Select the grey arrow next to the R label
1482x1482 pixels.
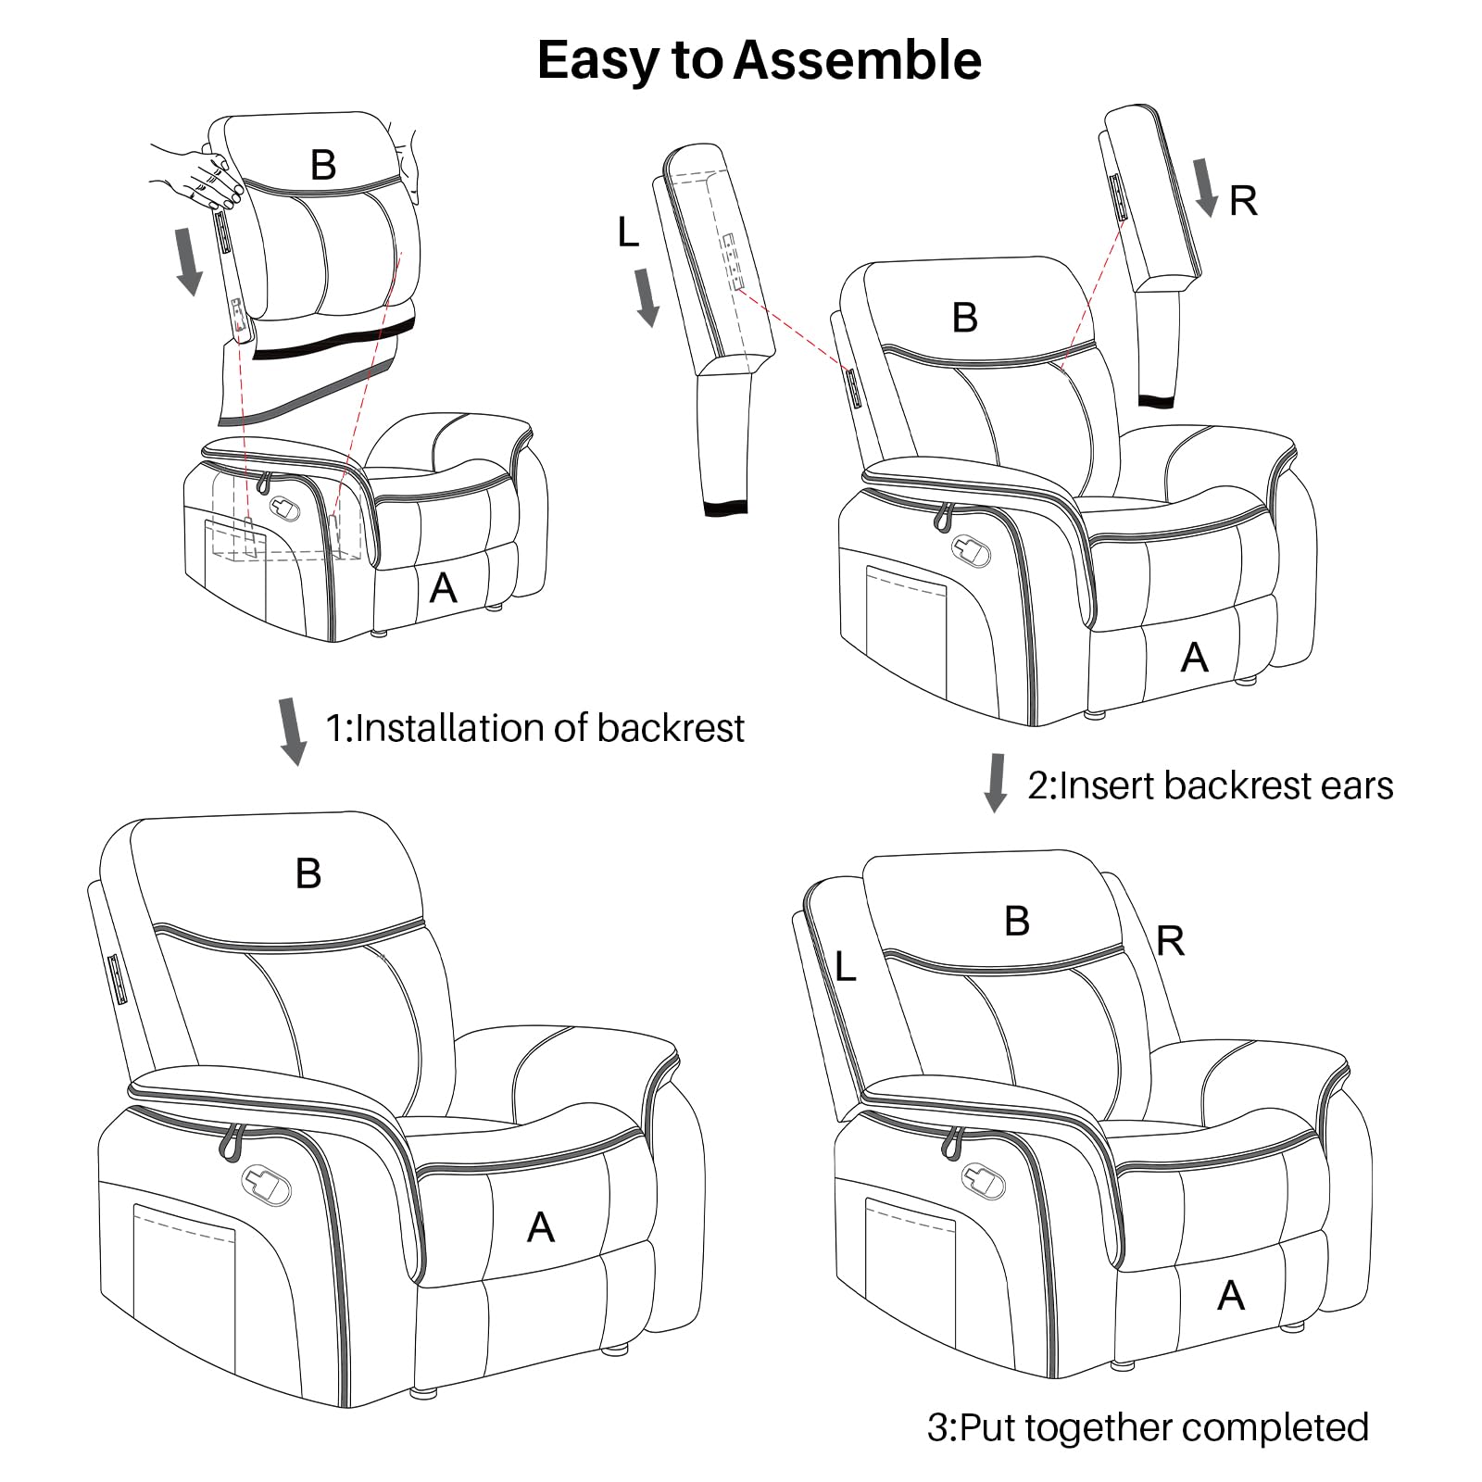1204,186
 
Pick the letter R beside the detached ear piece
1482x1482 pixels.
1243,201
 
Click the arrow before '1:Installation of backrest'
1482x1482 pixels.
293,732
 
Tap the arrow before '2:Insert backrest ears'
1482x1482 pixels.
996,783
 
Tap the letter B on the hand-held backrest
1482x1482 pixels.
322,165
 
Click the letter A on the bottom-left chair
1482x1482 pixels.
540,1227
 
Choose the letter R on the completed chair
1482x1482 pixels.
1170,941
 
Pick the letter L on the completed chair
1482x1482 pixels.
844,967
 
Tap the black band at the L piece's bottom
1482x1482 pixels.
724,507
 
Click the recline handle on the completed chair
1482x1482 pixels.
984,1179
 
